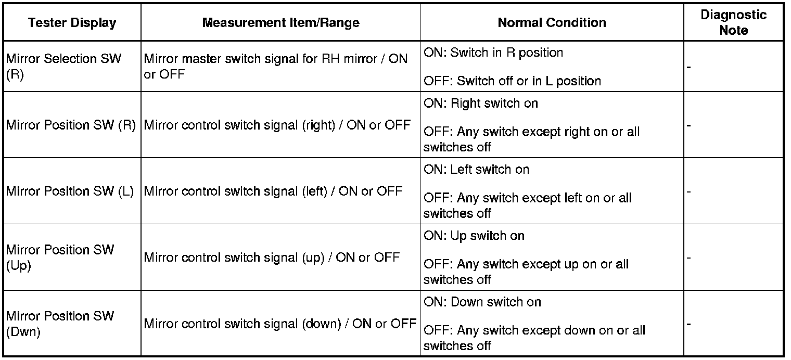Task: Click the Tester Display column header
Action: (x=72, y=22)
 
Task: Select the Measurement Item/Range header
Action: (x=280, y=22)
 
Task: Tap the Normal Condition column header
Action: (x=552, y=22)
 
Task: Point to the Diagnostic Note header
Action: (x=733, y=22)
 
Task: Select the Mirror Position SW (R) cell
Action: (x=71, y=125)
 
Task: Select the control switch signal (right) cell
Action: (x=277, y=125)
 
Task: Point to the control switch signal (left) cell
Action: (x=273, y=191)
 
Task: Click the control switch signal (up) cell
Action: (x=272, y=258)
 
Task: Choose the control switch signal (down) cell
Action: (x=280, y=324)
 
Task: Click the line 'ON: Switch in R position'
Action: (x=493, y=53)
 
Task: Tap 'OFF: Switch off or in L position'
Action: (x=512, y=81)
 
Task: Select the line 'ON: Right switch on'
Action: (x=481, y=104)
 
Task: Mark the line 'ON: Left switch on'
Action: (x=476, y=170)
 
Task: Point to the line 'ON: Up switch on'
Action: (x=474, y=236)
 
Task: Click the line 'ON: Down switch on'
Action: (x=482, y=302)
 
